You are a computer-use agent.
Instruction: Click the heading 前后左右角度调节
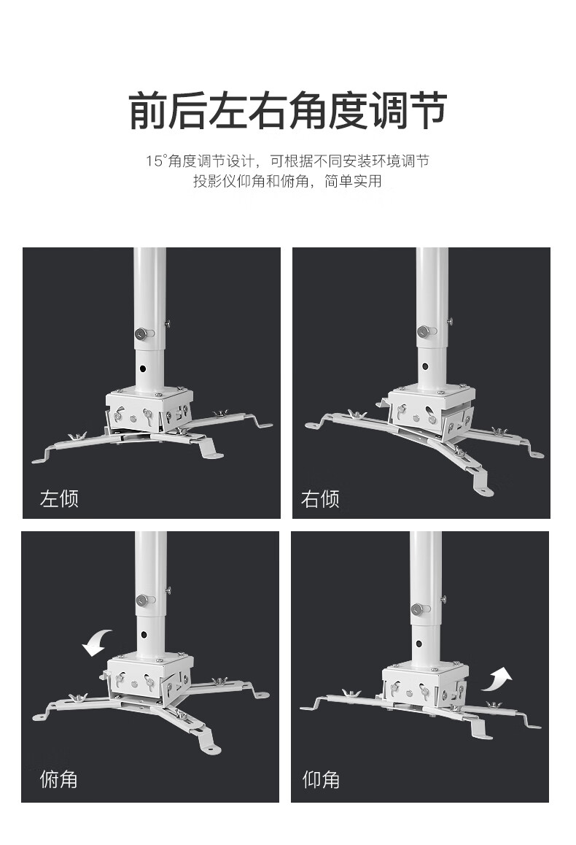pos(288,110)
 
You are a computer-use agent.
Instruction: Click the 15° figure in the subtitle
pos(155,161)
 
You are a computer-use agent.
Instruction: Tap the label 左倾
pos(59,498)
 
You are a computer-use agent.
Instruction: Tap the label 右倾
pos(320,499)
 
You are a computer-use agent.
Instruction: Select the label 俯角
pos(58,779)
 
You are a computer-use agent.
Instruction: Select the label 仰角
pos(321,779)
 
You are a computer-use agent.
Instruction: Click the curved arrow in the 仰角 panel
pos(497,679)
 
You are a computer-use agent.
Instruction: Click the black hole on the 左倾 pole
pos(143,369)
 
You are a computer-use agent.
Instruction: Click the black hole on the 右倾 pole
pos(425,366)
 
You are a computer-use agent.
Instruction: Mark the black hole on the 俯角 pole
pos(144,635)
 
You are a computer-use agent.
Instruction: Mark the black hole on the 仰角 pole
pos(419,643)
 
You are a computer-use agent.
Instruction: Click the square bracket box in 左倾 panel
pos(149,409)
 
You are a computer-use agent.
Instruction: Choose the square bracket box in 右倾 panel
pos(431,412)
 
